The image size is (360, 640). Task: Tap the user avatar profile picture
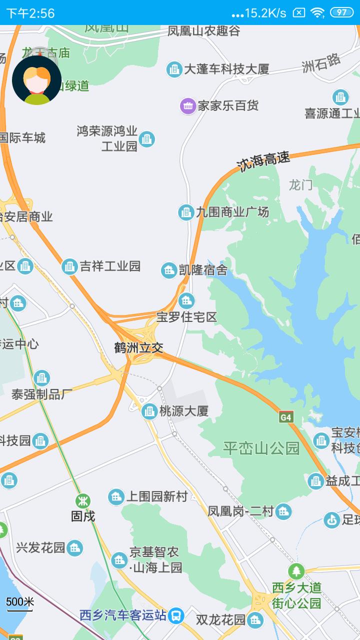tap(36, 80)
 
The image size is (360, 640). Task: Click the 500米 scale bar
tap(20, 603)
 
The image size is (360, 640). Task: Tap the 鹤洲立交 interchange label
tap(138, 348)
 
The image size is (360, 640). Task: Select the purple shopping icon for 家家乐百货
tap(188, 106)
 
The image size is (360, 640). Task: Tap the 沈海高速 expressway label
tap(263, 161)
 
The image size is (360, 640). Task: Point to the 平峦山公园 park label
tap(261, 448)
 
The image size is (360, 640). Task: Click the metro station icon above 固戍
tap(83, 500)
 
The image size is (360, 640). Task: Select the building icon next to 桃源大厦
tap(149, 411)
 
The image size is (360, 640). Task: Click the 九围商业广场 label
tap(232, 212)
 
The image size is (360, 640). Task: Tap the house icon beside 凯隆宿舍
tap(169, 270)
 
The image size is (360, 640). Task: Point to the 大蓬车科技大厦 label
tap(226, 69)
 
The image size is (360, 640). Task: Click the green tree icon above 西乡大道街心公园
tap(296, 571)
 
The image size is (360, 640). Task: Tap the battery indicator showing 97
tap(341, 12)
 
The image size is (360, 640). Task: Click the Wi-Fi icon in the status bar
tap(317, 12)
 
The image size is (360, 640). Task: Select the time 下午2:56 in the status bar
tap(30, 13)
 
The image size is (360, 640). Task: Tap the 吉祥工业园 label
tap(110, 266)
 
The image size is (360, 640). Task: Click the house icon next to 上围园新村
tap(116, 496)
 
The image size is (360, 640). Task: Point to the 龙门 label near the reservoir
tap(300, 185)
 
